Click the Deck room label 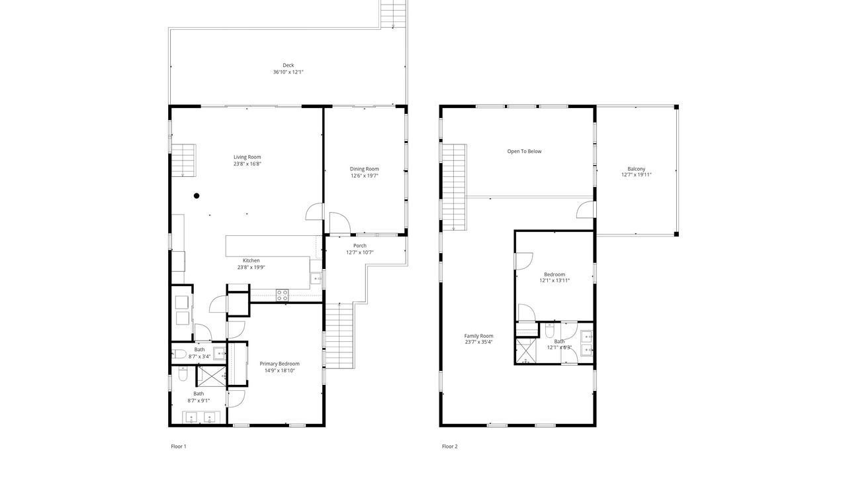pyautogui.click(x=288, y=65)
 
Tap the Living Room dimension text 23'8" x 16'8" pyautogui.click(x=247, y=164)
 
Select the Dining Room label pyautogui.click(x=364, y=169)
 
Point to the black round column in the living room pyautogui.click(x=197, y=195)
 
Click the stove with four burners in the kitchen pyautogui.click(x=282, y=295)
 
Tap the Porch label pyautogui.click(x=360, y=246)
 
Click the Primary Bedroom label pyautogui.click(x=279, y=364)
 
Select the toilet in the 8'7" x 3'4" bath pyautogui.click(x=179, y=354)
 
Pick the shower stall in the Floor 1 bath pyautogui.click(x=211, y=376)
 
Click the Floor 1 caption pyautogui.click(x=179, y=447)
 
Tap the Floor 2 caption pyautogui.click(x=449, y=447)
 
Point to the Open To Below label pyautogui.click(x=524, y=152)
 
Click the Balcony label pyautogui.click(x=637, y=169)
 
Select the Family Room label pyautogui.click(x=478, y=336)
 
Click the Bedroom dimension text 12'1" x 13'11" pyautogui.click(x=555, y=280)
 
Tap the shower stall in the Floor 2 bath pyautogui.click(x=526, y=351)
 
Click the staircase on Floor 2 pyautogui.click(x=455, y=187)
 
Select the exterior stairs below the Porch pyautogui.click(x=339, y=336)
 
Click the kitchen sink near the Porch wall pyautogui.click(x=316, y=279)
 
